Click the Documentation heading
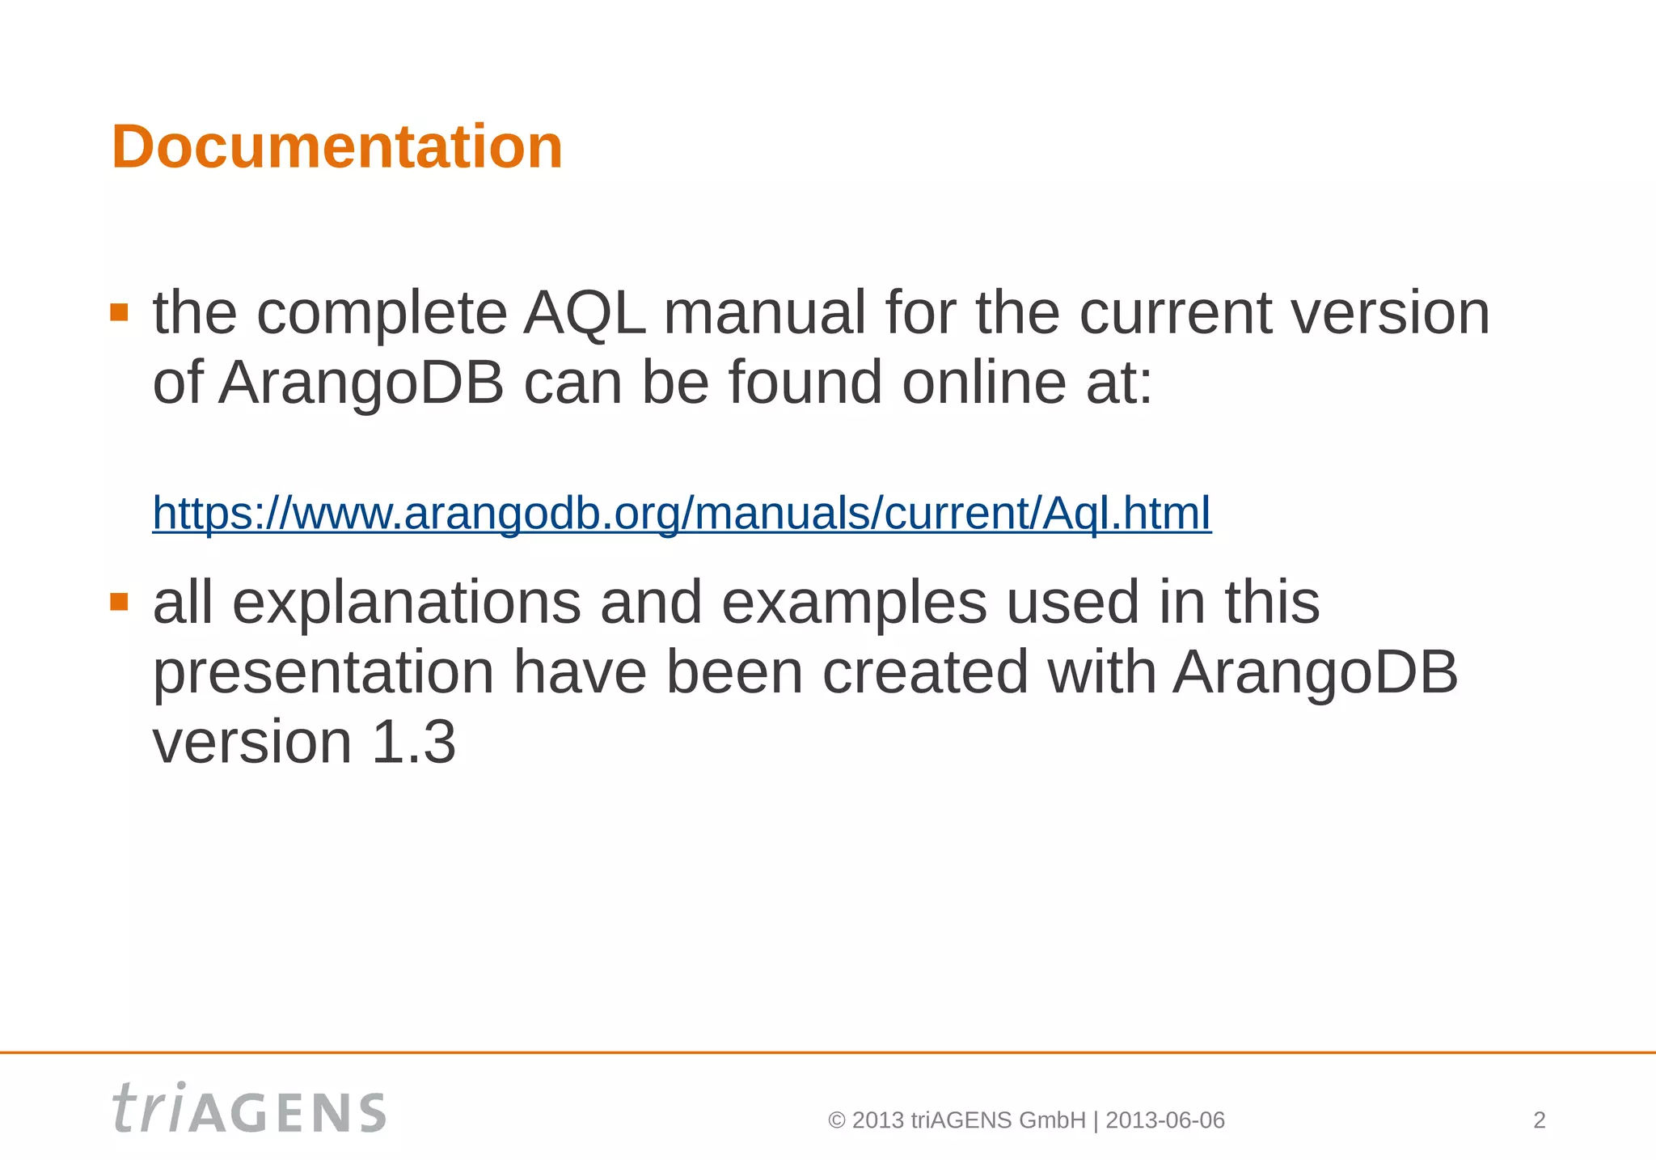click(336, 147)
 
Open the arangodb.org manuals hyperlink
click(682, 513)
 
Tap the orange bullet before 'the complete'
click(120, 312)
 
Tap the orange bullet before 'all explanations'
click(120, 601)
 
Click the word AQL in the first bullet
click(585, 313)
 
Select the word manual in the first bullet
click(764, 313)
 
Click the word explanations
click(406, 603)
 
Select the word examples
click(854, 603)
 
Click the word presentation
click(323, 673)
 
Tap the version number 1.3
click(413, 742)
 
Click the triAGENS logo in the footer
click(249, 1109)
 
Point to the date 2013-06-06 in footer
click(1164, 1120)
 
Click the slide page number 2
click(1539, 1120)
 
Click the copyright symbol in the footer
click(837, 1120)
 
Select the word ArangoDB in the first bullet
click(361, 382)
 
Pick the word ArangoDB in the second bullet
click(1315, 673)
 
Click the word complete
click(382, 313)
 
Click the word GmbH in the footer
click(1052, 1120)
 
